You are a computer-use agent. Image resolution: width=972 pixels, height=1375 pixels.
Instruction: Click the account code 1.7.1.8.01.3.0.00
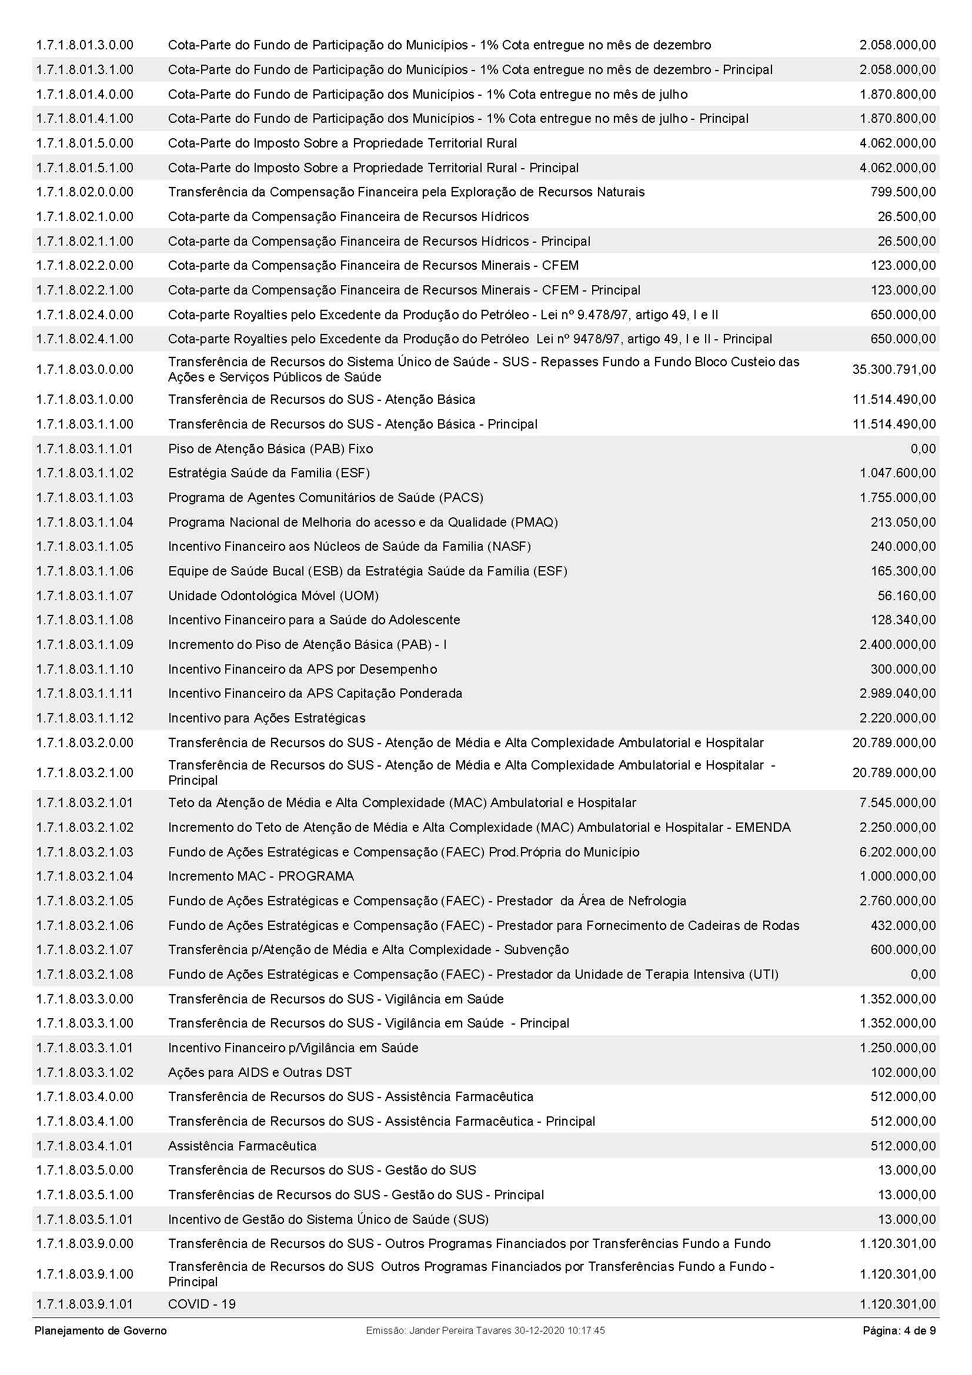pyautogui.click(x=85, y=45)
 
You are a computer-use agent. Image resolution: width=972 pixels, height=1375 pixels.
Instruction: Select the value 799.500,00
pyautogui.click(x=903, y=192)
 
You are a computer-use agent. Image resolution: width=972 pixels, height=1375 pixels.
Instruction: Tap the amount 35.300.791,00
pyautogui.click(x=894, y=370)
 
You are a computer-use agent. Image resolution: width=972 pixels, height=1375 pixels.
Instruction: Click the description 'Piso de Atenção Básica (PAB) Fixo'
pyautogui.click(x=270, y=449)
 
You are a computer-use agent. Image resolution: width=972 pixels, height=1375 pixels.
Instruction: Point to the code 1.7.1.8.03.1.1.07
pyautogui.click(x=85, y=596)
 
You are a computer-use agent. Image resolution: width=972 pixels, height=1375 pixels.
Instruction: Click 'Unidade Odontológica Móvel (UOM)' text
pyautogui.click(x=273, y=596)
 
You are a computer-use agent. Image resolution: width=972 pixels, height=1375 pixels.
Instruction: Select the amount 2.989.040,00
pyautogui.click(x=897, y=694)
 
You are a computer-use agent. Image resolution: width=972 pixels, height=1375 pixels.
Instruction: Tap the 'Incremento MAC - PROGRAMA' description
pyautogui.click(x=260, y=876)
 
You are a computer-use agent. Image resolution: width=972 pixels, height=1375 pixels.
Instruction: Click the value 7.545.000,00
pyautogui.click(x=897, y=803)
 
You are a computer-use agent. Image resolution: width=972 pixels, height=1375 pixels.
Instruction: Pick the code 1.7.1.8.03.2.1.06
pyautogui.click(x=85, y=926)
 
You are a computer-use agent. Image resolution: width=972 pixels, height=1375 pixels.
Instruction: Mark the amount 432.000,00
pyautogui.click(x=903, y=926)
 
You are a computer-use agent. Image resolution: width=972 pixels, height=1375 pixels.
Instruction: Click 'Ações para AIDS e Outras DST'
pyautogui.click(x=260, y=1073)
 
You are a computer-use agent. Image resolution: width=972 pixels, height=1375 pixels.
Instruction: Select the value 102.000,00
pyautogui.click(x=903, y=1073)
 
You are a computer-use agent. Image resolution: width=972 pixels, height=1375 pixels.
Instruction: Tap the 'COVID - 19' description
pyautogui.click(x=202, y=1304)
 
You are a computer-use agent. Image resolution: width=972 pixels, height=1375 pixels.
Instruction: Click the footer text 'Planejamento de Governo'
pyautogui.click(x=101, y=1331)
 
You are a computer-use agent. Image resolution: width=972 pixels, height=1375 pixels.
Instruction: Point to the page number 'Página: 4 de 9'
pyautogui.click(x=899, y=1331)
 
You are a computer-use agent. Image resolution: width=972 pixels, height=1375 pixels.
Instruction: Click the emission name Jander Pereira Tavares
pyautogui.click(x=458, y=1331)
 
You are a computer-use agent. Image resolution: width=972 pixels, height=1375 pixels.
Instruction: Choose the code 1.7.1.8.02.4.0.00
pyautogui.click(x=85, y=315)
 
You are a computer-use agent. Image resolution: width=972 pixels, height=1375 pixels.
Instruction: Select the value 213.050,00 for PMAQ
pyautogui.click(x=903, y=522)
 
